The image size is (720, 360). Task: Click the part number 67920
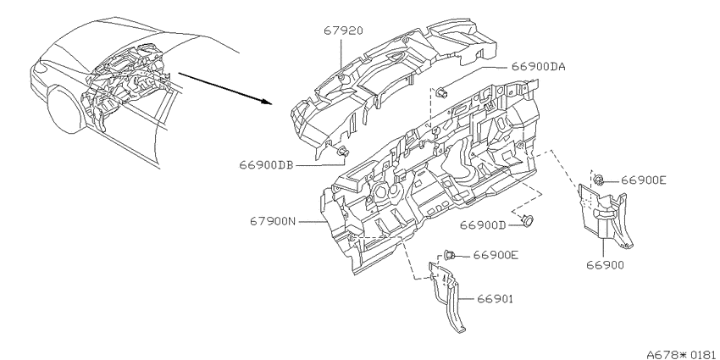pyautogui.click(x=343, y=30)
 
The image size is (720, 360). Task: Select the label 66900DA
pyautogui.click(x=538, y=67)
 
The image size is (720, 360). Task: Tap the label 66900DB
pyautogui.click(x=266, y=165)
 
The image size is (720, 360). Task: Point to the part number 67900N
pyautogui.click(x=274, y=221)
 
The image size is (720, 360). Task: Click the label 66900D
pyautogui.click(x=483, y=225)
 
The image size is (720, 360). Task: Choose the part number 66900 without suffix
pyautogui.click(x=605, y=265)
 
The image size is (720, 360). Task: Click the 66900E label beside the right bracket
pyautogui.click(x=643, y=180)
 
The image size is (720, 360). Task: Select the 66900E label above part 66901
pyautogui.click(x=496, y=254)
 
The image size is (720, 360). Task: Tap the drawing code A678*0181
pyautogui.click(x=683, y=354)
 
